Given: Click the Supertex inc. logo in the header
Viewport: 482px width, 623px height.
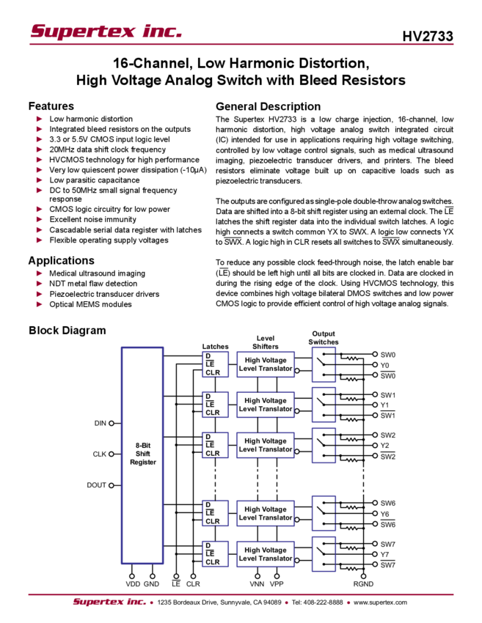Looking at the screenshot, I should point(105,32).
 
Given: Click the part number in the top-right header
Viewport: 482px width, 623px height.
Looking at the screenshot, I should point(432,36).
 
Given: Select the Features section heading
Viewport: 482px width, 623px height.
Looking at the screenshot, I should point(54,106).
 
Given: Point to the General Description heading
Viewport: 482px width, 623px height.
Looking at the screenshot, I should point(267,105).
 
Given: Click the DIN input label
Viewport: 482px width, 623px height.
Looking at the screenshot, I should point(105,423).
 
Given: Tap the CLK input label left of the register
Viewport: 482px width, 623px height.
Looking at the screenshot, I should point(103,454).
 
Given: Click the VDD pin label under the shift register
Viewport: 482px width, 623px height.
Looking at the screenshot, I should point(132,584).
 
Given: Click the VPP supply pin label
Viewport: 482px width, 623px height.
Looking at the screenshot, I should point(276,584).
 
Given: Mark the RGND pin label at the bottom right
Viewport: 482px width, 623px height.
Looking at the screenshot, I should point(363,584).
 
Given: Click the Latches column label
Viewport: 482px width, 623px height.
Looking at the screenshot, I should point(213,346).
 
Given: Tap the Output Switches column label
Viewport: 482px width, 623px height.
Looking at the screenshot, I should point(324,337).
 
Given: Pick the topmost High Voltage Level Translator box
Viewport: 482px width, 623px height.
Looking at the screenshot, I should point(265,364).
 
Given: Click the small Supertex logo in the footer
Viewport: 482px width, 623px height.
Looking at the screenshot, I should point(109,602).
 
